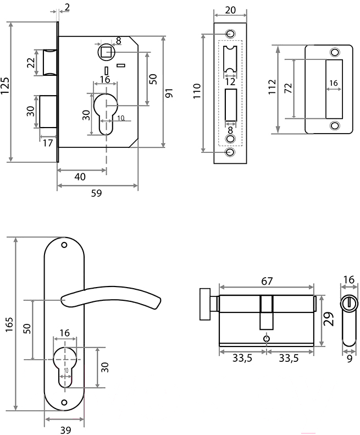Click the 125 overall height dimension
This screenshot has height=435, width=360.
5,85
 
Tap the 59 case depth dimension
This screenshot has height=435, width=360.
97,193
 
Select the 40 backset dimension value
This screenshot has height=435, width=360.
80,177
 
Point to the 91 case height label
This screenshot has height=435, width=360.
169,92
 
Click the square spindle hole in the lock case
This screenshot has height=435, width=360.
106,52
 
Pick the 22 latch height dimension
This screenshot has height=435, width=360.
31,63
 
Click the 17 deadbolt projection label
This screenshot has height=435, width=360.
48,143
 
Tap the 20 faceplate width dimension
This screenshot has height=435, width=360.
230,10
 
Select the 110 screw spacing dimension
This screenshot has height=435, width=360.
197,91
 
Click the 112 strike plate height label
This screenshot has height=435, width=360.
273,87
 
